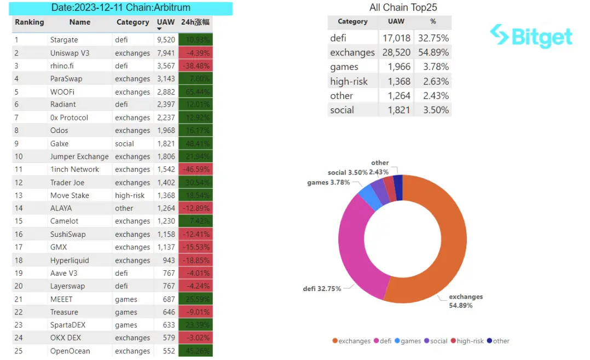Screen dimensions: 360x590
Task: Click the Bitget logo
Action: click(x=531, y=36)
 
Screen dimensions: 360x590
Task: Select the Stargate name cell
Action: click(x=64, y=40)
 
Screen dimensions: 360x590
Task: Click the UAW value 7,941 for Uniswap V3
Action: click(x=166, y=53)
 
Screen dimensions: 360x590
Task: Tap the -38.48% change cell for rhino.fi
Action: click(x=195, y=66)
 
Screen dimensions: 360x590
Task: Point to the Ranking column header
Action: click(x=30, y=22)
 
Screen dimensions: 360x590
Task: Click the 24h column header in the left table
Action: click(x=195, y=22)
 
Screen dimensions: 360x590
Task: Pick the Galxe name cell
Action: click(x=60, y=143)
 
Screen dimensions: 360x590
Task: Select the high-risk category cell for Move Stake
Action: click(x=130, y=195)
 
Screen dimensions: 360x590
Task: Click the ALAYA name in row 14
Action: click(x=61, y=208)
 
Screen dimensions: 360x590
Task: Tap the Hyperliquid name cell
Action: click(x=70, y=260)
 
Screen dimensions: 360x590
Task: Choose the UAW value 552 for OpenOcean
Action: click(x=169, y=351)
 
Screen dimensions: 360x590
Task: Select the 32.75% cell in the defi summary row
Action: click(x=433, y=38)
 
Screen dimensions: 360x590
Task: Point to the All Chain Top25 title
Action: click(x=403, y=8)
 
